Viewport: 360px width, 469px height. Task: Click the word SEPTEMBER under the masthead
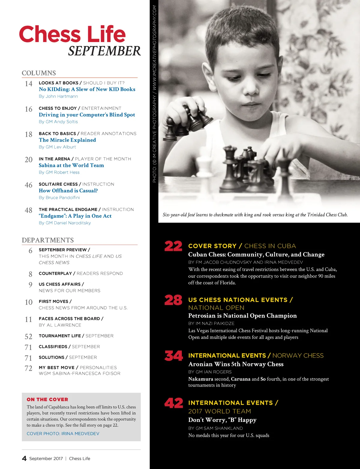click(x=104, y=51)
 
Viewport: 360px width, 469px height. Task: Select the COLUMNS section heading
click(x=39, y=73)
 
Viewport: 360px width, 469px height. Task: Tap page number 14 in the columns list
click(x=28, y=84)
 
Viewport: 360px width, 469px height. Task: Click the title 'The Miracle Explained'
click(x=67, y=140)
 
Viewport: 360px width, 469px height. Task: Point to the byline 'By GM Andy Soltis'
click(x=58, y=122)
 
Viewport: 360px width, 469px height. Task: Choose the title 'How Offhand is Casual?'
click(x=68, y=191)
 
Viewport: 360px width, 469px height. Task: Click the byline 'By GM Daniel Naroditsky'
click(x=65, y=223)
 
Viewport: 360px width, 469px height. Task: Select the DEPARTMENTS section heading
click(x=48, y=240)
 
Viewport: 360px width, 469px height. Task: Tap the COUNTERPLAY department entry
click(x=55, y=273)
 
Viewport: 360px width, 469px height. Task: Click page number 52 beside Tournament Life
click(x=28, y=337)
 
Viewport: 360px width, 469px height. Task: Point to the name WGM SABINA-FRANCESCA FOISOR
click(x=79, y=374)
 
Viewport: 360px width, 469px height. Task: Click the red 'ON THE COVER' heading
click(x=47, y=399)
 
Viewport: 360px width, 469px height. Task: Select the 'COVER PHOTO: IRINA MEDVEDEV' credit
click(x=63, y=434)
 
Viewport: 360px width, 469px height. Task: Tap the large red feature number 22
click(x=173, y=246)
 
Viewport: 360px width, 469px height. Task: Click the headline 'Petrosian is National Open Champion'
click(x=242, y=316)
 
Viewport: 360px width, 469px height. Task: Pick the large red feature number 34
click(x=173, y=356)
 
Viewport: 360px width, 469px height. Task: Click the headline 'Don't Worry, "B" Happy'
click(x=222, y=420)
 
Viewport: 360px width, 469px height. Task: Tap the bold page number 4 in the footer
click(x=24, y=459)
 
